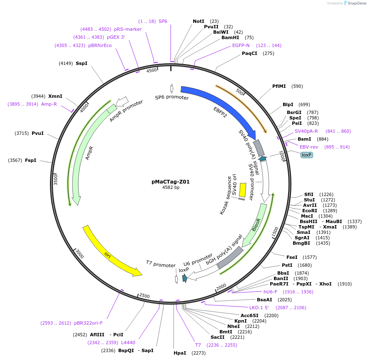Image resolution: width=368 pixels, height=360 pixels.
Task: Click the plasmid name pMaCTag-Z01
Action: tap(170, 181)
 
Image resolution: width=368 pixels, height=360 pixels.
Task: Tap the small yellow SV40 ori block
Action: tap(242, 190)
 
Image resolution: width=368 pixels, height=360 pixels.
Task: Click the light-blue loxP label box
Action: tap(306, 155)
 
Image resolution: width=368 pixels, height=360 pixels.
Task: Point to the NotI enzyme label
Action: tap(199, 21)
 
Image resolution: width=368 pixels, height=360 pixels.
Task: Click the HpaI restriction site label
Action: tap(180, 353)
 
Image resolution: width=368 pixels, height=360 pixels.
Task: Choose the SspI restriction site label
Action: tap(82, 63)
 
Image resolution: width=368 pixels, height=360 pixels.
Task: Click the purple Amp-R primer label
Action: tap(49, 104)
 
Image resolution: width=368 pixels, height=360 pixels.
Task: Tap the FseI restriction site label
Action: tap(292, 257)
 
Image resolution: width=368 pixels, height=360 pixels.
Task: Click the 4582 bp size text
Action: tap(171, 188)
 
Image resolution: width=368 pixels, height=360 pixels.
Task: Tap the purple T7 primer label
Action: tap(198, 345)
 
